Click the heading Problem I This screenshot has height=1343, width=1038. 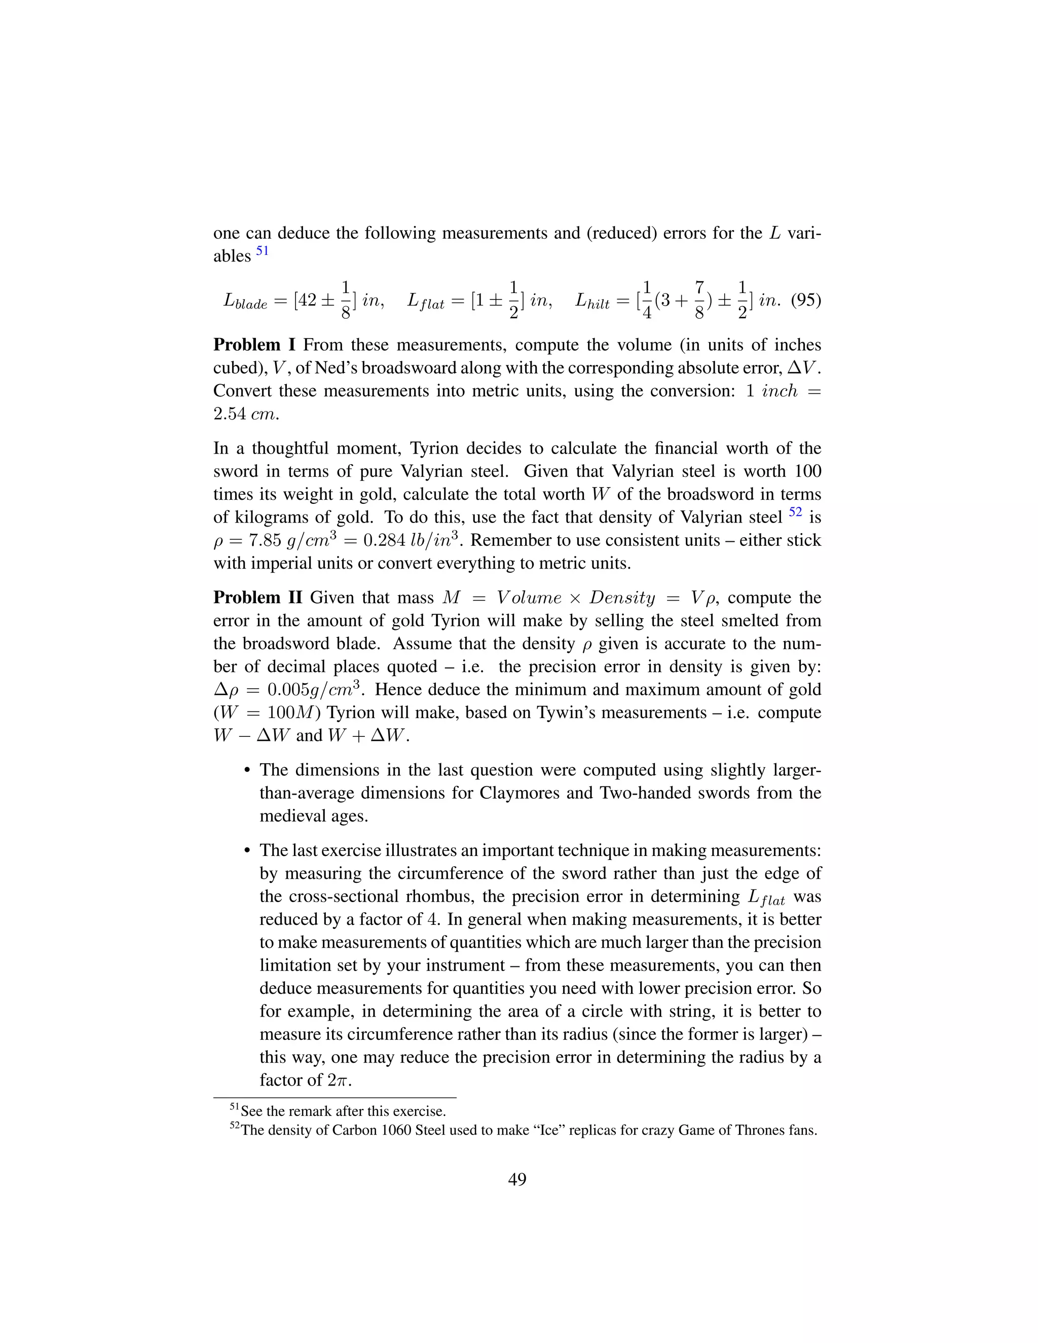point(254,345)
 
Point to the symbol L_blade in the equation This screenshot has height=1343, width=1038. point(245,302)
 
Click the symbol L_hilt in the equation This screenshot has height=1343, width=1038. point(592,302)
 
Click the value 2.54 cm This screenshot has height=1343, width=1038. point(246,415)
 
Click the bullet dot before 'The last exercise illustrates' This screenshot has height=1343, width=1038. point(247,851)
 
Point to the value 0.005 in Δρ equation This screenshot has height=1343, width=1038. point(289,690)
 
